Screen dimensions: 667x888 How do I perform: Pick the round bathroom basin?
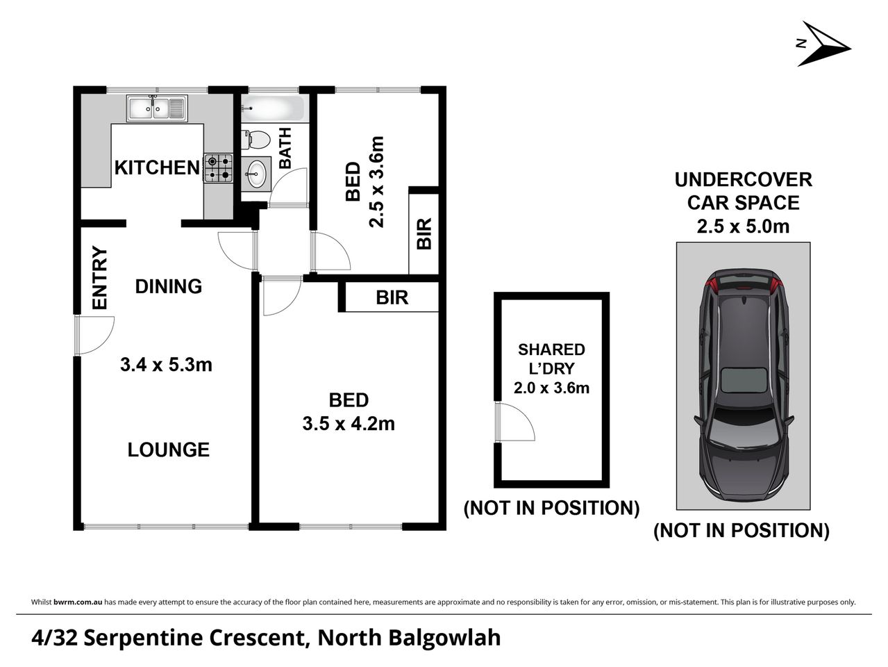pos(257,172)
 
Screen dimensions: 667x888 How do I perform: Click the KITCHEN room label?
pos(156,167)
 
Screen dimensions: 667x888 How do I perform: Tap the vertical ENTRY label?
pos(100,278)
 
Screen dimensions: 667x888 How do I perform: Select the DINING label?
pos(168,286)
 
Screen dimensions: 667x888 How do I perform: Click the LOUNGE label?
pos(168,450)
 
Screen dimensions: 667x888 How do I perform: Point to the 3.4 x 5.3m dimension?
pos(166,363)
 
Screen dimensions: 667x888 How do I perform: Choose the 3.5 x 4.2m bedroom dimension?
pos(349,423)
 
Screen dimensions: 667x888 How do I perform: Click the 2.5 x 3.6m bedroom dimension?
pos(376,181)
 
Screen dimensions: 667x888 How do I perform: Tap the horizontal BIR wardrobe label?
pos(392,297)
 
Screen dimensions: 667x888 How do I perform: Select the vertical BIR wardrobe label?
pos(424,233)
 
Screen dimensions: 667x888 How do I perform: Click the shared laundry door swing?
pos(514,421)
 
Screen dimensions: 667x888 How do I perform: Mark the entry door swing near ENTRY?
pos(94,336)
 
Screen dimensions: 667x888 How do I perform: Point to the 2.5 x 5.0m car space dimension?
pos(743,226)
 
